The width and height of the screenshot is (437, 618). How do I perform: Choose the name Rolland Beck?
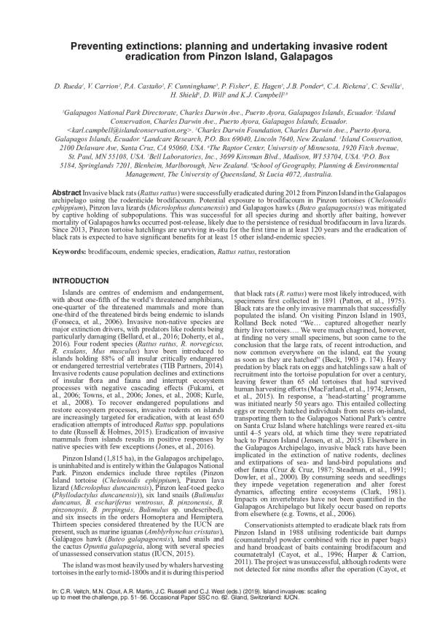pos(244,325)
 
